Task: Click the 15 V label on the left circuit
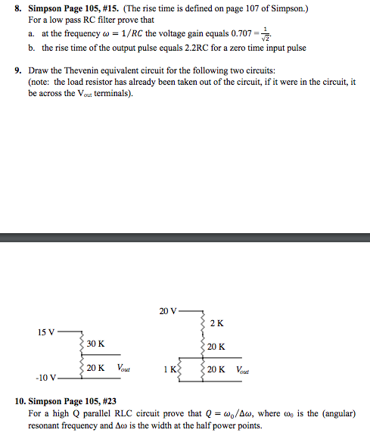click(x=45, y=332)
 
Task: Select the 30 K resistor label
click(x=95, y=344)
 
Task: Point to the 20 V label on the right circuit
click(x=168, y=310)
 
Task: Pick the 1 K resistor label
click(x=169, y=371)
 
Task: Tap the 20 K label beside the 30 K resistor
click(x=95, y=368)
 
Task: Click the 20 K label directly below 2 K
click(x=216, y=347)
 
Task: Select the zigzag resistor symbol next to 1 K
click(x=179, y=371)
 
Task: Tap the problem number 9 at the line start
click(x=17, y=70)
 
